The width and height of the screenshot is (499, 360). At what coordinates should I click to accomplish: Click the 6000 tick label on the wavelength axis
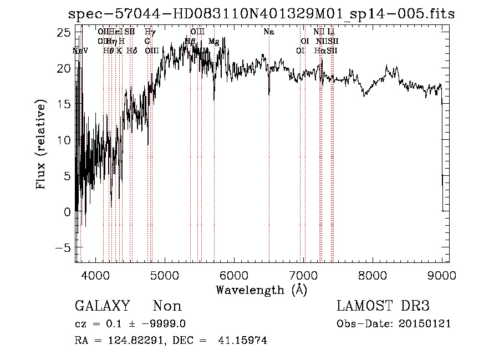click(x=233, y=276)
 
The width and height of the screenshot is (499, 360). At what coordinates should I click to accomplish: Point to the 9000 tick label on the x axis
click(x=441, y=276)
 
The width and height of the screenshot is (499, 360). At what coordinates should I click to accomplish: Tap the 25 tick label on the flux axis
click(x=64, y=33)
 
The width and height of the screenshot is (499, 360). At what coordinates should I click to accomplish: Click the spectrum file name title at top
click(x=261, y=14)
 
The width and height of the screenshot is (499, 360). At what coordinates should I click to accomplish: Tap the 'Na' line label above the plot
click(x=269, y=32)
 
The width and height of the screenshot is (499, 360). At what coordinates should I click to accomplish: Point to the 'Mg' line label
click(x=213, y=42)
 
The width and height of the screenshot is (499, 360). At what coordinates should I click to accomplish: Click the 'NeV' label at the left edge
click(x=80, y=50)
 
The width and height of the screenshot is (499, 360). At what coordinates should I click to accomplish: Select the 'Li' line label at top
click(x=331, y=32)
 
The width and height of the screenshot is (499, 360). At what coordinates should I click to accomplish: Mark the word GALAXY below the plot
click(x=102, y=306)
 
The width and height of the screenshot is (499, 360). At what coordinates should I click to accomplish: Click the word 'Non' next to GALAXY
click(x=167, y=306)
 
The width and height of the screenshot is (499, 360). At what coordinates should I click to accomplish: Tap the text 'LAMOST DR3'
click(x=383, y=306)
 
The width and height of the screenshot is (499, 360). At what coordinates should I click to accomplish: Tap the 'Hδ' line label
click(x=131, y=50)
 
